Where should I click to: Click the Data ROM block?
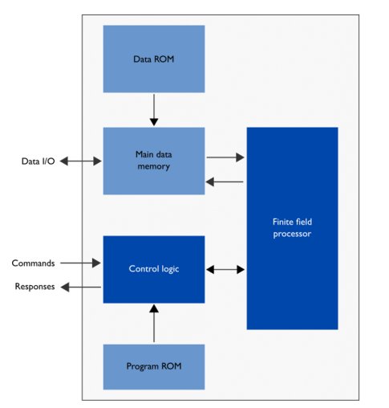click(153, 59)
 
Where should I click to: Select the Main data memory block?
click(153, 161)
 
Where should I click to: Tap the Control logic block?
click(153, 269)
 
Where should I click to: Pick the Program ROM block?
click(153, 366)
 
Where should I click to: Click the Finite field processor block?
click(292, 228)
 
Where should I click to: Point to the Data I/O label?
click(37, 161)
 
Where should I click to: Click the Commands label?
click(34, 263)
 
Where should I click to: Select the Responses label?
click(33, 288)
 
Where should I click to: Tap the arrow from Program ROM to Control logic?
click(154, 323)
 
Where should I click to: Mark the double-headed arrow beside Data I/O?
click(81, 161)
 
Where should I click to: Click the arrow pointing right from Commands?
click(81, 263)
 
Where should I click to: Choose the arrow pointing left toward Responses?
click(81, 288)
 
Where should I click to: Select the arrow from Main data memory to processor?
click(225, 157)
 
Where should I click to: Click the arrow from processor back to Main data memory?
click(225, 182)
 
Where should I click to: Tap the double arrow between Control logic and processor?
click(225, 270)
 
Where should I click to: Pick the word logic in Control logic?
click(170, 269)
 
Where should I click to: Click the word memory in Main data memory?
click(153, 167)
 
